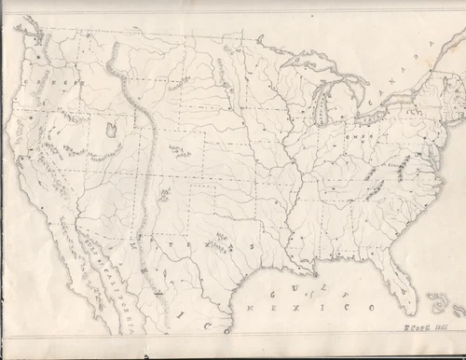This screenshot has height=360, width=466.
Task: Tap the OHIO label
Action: pos(357,135)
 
